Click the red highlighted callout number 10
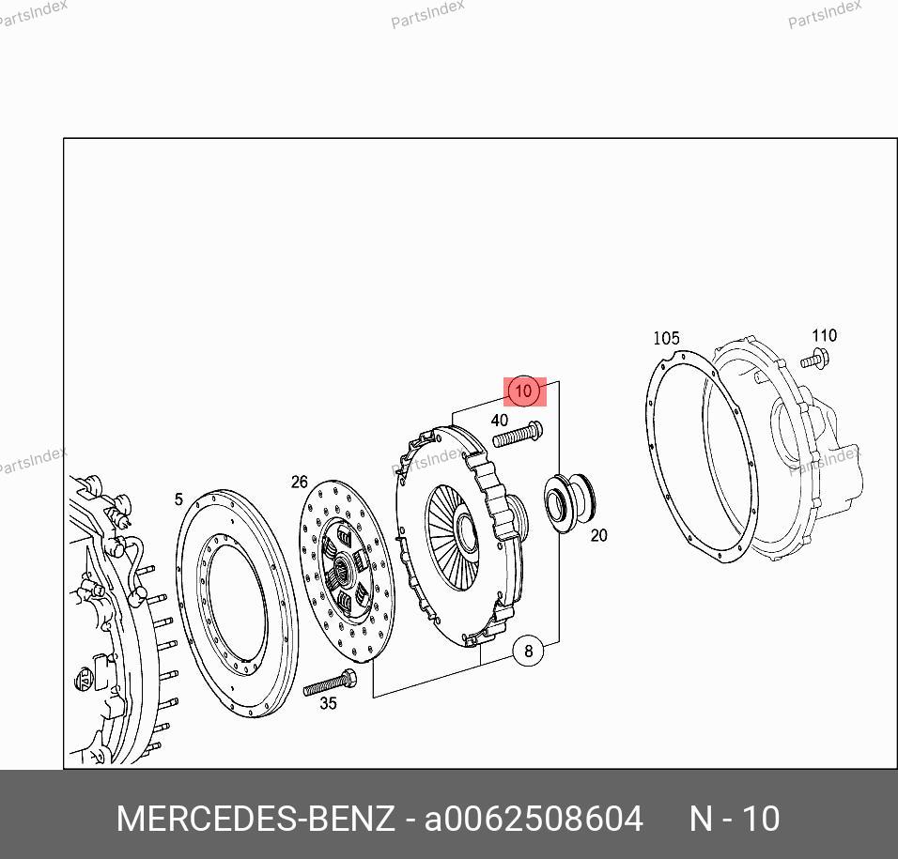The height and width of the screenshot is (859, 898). pos(524,391)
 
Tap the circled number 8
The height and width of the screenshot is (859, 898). pos(528,651)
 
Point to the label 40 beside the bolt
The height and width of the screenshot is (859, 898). pos(500,420)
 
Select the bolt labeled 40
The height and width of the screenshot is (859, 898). pos(518,435)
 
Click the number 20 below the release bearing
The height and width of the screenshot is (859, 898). pos(598,535)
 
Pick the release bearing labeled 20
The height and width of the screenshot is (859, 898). pos(568,502)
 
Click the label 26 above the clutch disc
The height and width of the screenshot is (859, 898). pos(299,483)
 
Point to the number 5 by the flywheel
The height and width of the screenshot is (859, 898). pos(178,499)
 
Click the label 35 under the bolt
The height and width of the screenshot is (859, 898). pos(328,703)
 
